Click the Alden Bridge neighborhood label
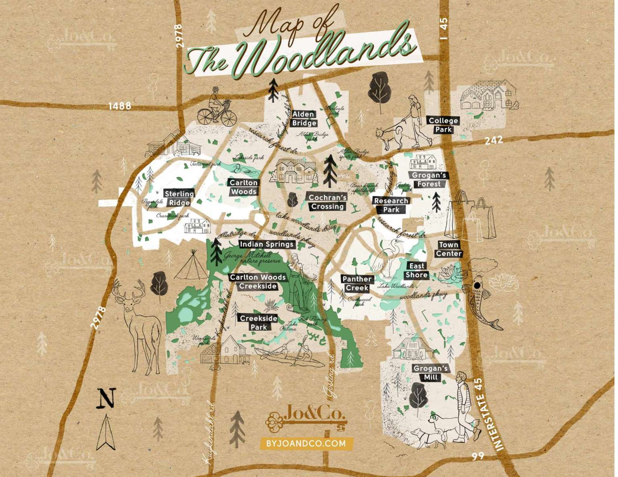(x=304, y=119)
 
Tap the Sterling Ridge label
(x=179, y=199)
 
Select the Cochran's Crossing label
(x=327, y=202)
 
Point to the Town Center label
(x=449, y=249)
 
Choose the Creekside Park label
(x=258, y=323)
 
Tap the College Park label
(x=443, y=125)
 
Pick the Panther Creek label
(x=357, y=283)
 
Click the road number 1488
(x=120, y=106)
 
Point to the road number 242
(x=494, y=139)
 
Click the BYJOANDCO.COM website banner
(x=306, y=444)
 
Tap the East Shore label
(x=416, y=270)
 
